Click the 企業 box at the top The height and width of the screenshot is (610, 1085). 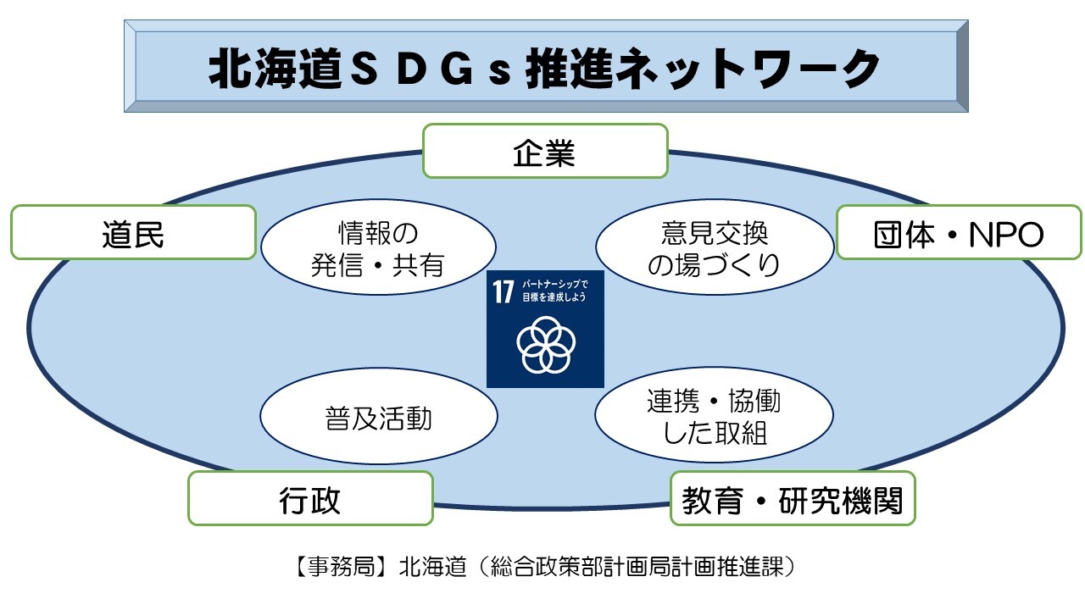(x=544, y=152)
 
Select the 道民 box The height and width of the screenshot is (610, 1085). (x=133, y=233)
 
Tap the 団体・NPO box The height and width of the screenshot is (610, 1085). (x=959, y=233)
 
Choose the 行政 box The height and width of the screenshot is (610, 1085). (x=309, y=498)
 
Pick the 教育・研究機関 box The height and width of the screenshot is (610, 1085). (x=793, y=499)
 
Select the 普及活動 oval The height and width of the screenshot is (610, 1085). (x=378, y=418)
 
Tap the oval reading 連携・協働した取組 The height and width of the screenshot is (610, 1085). (x=713, y=417)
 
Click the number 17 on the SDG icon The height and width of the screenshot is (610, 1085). (x=504, y=293)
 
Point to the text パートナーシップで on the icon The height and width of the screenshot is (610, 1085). (x=555, y=286)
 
